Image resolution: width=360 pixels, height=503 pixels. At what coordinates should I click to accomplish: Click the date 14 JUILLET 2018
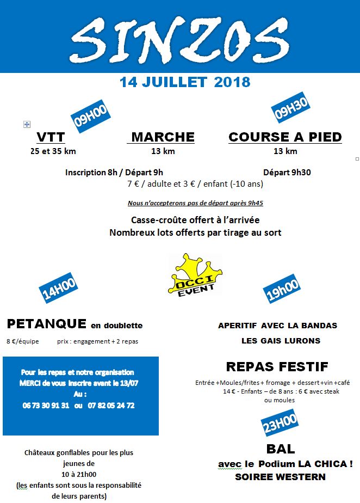coord(185,82)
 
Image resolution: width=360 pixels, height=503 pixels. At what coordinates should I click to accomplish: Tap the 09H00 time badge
coord(90,116)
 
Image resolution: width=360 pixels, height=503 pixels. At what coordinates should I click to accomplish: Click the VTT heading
coord(51,137)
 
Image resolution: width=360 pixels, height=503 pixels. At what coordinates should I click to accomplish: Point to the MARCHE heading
coord(163,137)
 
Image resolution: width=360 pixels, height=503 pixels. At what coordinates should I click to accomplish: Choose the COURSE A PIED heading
coord(285,137)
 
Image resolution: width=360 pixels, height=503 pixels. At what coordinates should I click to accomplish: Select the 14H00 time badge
coord(59,289)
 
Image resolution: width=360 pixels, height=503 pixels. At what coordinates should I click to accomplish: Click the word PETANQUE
coord(47,324)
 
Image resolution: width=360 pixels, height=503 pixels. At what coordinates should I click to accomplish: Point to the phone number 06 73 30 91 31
coord(46,406)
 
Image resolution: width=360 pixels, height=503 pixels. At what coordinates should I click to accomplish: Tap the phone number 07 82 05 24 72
coord(111,406)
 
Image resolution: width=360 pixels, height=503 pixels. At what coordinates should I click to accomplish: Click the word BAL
coord(281,449)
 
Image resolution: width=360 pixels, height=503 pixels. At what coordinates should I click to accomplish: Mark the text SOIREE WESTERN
coord(280,477)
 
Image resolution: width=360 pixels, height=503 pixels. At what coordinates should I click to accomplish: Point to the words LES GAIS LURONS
coord(281,341)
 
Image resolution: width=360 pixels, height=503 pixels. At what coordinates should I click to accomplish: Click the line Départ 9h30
coord(287,173)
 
